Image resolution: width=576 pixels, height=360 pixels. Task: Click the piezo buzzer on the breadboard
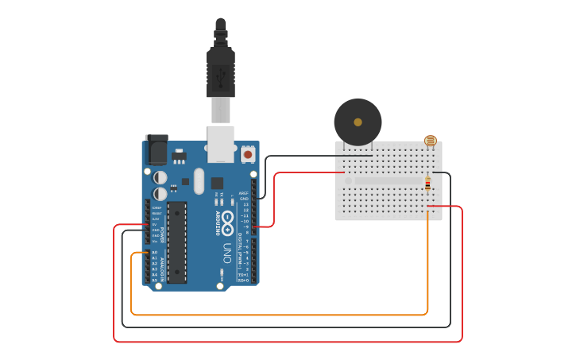358,122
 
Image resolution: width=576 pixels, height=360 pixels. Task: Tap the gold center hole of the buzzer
358,122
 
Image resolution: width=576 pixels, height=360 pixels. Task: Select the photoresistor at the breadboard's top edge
430,141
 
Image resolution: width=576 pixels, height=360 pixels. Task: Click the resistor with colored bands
427,184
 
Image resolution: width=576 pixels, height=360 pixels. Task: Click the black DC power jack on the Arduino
157,149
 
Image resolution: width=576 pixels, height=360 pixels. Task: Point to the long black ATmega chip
176,242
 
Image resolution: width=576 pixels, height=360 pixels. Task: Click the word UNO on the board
226,254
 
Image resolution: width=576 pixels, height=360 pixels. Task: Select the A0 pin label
154,252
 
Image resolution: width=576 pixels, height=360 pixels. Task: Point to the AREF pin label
244,192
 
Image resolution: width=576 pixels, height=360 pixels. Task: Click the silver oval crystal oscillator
199,180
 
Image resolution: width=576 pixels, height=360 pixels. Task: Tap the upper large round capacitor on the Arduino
160,177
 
